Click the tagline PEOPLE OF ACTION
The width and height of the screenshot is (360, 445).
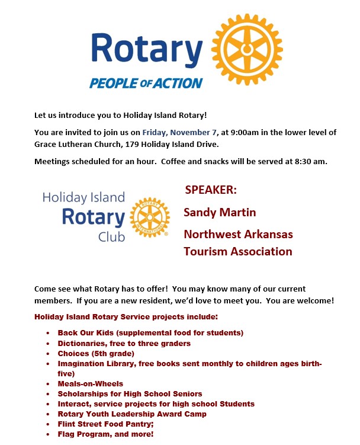click(146, 83)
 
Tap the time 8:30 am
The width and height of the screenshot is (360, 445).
click(310, 161)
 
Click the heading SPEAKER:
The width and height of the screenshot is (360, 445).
click(211, 190)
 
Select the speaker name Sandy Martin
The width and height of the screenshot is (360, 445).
click(220, 212)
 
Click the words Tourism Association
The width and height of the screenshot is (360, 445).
click(238, 251)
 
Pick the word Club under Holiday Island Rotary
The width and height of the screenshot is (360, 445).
click(112, 237)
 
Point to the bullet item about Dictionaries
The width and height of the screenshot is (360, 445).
click(124, 343)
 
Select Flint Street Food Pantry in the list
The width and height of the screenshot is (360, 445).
click(104, 424)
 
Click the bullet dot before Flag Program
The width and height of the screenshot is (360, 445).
click(48, 434)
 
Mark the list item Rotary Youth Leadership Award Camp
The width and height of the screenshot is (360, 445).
click(132, 414)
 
